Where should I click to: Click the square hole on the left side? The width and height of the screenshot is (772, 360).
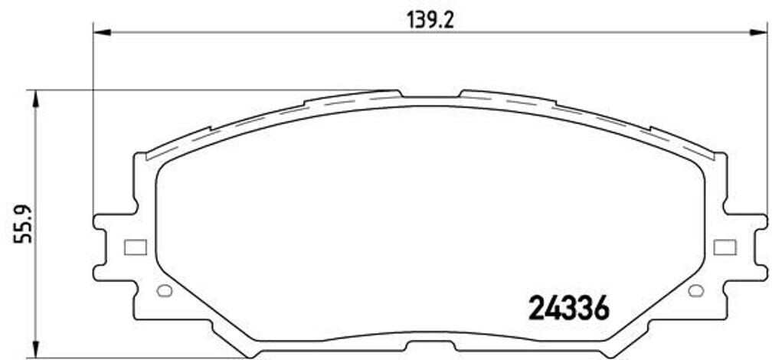tap(134, 247)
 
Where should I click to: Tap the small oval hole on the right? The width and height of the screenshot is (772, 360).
tap(695, 290)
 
